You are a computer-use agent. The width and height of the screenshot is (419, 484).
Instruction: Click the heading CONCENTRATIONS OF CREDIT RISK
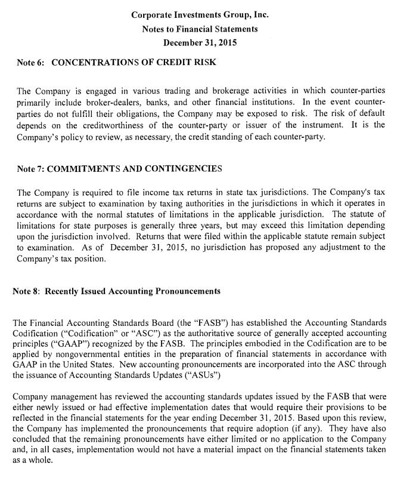click(x=134, y=61)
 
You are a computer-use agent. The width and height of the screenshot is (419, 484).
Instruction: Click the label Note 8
click(x=27, y=291)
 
